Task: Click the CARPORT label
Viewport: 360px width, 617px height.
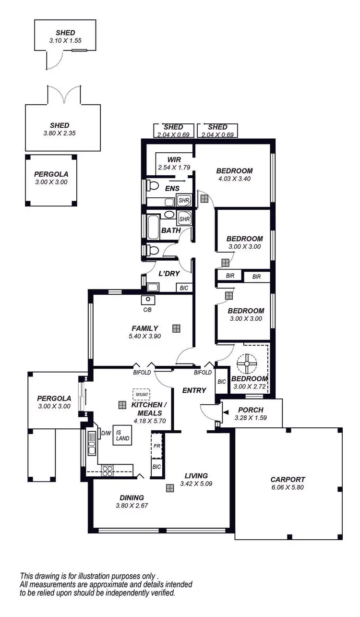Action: tap(288, 479)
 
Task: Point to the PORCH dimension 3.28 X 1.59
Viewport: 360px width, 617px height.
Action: tap(250, 418)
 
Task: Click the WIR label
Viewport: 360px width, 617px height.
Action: tap(173, 160)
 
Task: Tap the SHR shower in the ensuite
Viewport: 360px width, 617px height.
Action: tap(184, 200)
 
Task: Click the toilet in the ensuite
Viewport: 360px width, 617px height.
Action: tap(153, 185)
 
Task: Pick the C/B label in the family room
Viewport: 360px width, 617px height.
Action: tap(147, 310)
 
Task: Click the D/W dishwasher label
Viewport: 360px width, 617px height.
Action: tap(106, 434)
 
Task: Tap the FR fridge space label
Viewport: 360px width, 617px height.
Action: tap(156, 446)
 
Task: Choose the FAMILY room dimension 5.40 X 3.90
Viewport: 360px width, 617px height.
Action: tap(144, 336)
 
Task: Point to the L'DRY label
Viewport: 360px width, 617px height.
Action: tap(169, 274)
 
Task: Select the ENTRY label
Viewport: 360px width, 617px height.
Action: tap(194, 390)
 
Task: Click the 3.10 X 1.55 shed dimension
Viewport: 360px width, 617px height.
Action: tap(65, 41)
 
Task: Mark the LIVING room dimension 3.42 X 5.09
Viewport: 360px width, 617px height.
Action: tap(196, 484)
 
